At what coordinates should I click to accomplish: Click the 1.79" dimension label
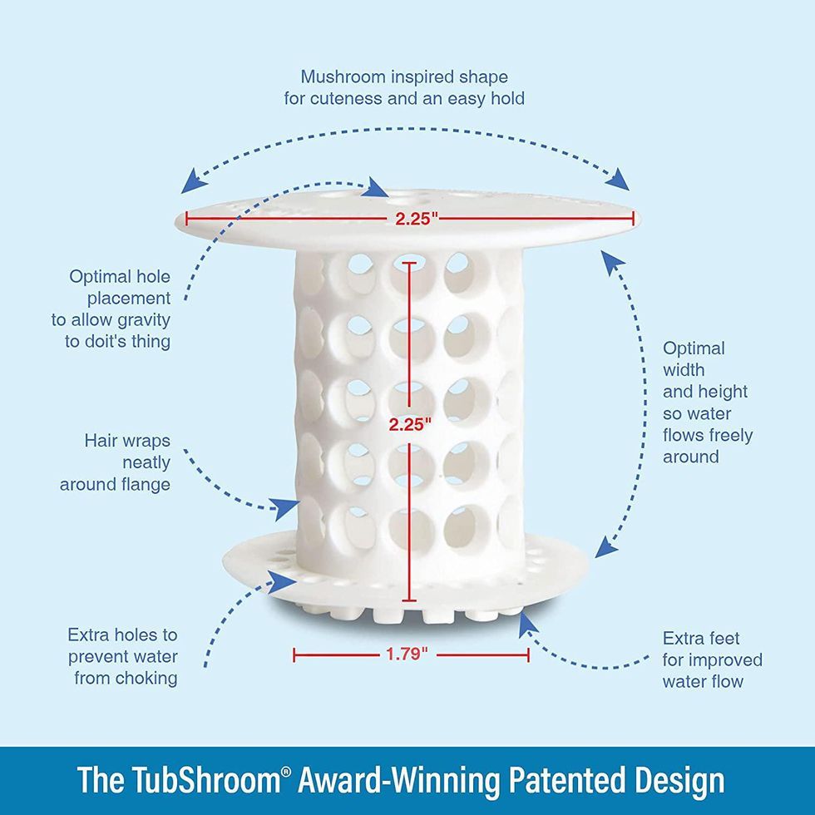407,654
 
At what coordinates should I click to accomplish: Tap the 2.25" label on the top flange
411,219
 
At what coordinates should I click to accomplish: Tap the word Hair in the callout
102,441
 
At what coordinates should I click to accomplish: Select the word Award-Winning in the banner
403,780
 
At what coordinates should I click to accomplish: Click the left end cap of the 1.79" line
294,654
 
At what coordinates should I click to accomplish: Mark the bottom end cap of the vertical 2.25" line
407,600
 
